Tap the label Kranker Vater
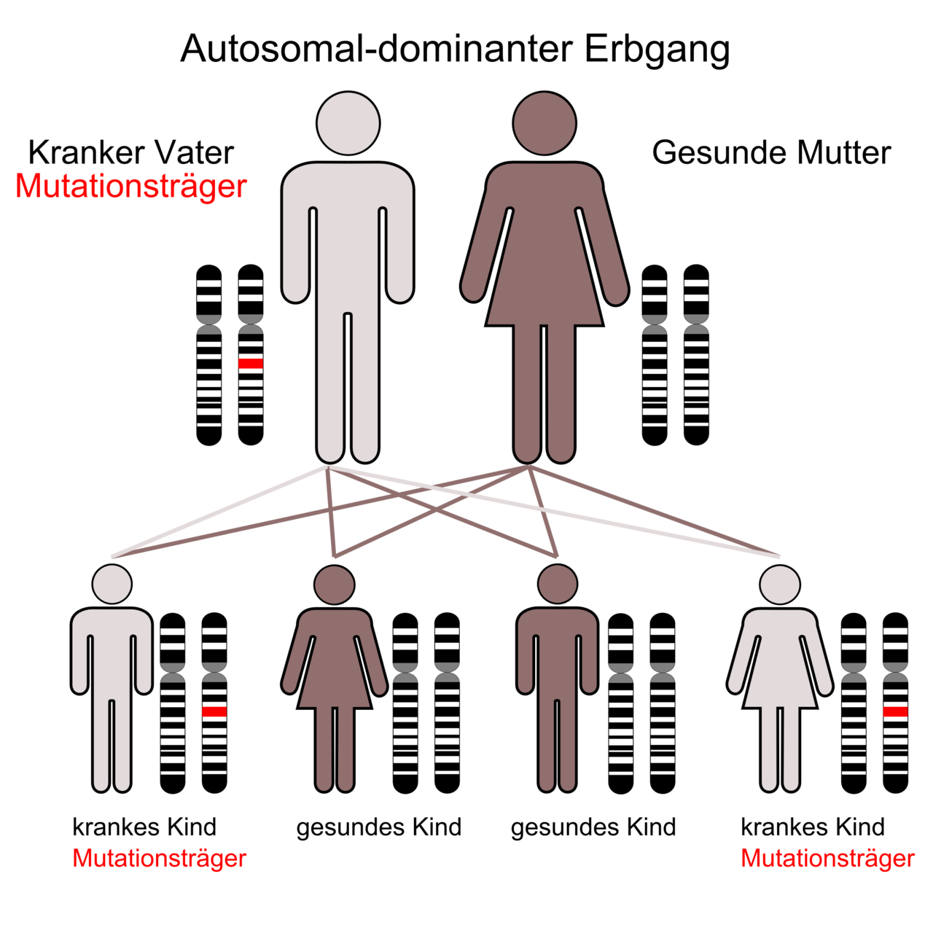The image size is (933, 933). click(131, 153)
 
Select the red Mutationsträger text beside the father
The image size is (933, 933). click(131, 187)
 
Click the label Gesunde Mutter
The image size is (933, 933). click(771, 153)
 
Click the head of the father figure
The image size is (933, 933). click(348, 123)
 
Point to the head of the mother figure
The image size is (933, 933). click(544, 123)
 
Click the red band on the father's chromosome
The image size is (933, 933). click(251, 363)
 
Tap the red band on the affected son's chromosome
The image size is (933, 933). click(214, 711)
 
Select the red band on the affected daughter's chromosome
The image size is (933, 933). click(895, 711)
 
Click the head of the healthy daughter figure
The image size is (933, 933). click(335, 585)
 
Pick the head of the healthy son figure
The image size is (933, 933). click(558, 584)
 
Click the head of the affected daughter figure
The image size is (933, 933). click(780, 585)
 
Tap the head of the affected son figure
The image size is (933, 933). click(112, 584)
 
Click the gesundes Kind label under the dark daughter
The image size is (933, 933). click(379, 828)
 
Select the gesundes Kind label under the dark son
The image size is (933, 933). click(593, 828)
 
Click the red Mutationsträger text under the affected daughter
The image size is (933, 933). click(827, 859)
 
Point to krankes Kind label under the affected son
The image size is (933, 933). click(144, 828)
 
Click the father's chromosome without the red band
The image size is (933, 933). click(209, 355)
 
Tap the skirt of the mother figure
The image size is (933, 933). click(544, 292)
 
